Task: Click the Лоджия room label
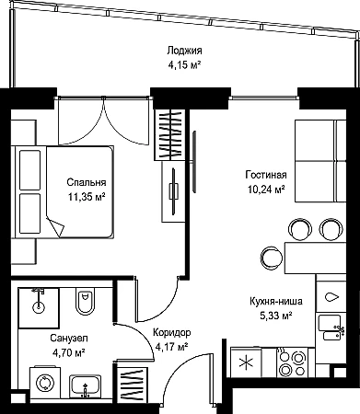pyautogui.click(x=184, y=51)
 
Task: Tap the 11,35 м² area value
pyautogui.click(x=87, y=197)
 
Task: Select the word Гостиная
pyautogui.click(x=266, y=175)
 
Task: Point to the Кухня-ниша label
pyautogui.click(x=276, y=301)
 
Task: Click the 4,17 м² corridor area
pyautogui.click(x=171, y=347)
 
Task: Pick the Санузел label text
pyautogui.click(x=69, y=339)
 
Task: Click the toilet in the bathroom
pyautogui.click(x=85, y=301)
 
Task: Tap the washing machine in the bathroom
pyautogui.click(x=45, y=383)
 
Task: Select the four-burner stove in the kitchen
pyautogui.click(x=292, y=362)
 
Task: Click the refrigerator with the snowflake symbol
pyautogui.click(x=246, y=362)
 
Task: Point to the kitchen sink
pyautogui.click(x=331, y=328)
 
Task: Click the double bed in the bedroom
pyautogui.click(x=63, y=192)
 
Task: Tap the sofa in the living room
pyautogui.click(x=320, y=161)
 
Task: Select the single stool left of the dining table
pyautogui.click(x=272, y=258)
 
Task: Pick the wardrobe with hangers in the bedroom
pyautogui.click(x=169, y=134)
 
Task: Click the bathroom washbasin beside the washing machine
pyautogui.click(x=86, y=385)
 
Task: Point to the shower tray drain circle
pyautogui.click(x=39, y=307)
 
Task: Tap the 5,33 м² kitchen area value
pyautogui.click(x=276, y=316)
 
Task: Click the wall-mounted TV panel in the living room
pyautogui.click(x=194, y=162)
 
